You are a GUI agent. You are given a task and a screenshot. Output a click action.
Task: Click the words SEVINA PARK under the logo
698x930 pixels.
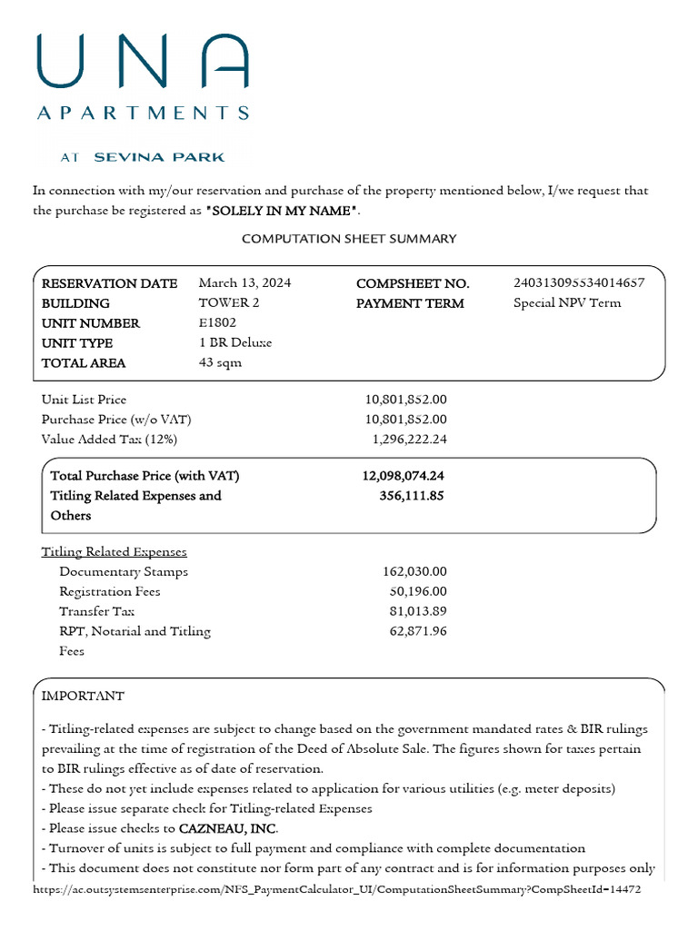coord(159,157)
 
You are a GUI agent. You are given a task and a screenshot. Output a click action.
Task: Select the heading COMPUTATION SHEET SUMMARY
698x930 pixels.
coord(349,239)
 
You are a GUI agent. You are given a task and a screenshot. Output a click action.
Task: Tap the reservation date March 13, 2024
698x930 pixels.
coord(244,282)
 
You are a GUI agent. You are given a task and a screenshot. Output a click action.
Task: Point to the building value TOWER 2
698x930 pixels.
coord(229,302)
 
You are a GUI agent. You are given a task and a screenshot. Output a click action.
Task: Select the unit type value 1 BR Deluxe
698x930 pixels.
coord(235,342)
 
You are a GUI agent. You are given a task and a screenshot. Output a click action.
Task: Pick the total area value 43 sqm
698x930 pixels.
coord(220,362)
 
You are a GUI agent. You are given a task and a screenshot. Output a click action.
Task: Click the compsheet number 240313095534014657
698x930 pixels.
coord(579,282)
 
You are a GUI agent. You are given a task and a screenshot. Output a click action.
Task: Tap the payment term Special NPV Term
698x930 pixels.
coord(567,302)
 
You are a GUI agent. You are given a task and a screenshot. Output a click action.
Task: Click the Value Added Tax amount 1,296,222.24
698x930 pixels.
coord(409,439)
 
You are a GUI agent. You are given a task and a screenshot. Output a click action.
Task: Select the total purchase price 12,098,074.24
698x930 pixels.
coord(403,475)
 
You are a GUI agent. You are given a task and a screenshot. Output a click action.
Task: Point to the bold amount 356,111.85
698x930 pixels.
coord(411,495)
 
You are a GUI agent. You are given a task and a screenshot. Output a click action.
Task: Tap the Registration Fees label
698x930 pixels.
coord(109,591)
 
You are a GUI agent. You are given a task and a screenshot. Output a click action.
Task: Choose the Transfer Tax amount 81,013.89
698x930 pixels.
coord(418,611)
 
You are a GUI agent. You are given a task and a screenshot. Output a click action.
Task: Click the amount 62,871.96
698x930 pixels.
coord(418,631)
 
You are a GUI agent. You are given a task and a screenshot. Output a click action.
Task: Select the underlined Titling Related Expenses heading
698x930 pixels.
coord(115,551)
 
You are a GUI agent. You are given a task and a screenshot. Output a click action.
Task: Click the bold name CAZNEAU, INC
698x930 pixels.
coord(228,828)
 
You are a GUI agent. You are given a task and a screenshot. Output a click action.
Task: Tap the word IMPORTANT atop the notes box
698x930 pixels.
coord(83,696)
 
